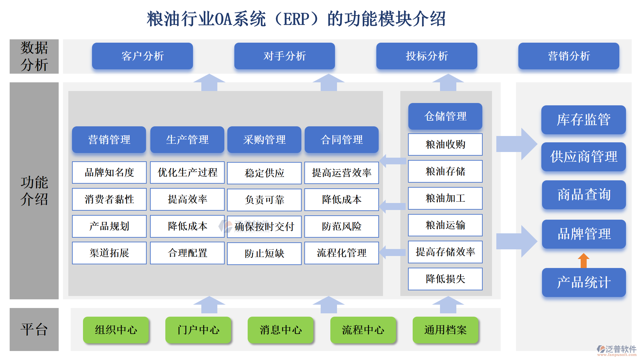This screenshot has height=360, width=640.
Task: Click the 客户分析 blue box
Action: pyautogui.click(x=142, y=56)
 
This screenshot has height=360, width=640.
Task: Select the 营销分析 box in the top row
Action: pyautogui.click(x=568, y=56)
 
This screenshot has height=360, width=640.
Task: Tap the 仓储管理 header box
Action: pyautogui.click(x=445, y=116)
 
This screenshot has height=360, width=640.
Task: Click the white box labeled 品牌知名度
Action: pyautogui.click(x=109, y=172)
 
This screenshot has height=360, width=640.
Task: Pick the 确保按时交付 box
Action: pyautogui.click(x=264, y=227)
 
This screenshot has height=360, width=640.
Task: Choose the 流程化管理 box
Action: pyautogui.click(x=341, y=253)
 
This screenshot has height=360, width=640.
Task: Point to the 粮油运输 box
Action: pyautogui.click(x=445, y=225)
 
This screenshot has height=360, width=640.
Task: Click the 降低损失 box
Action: pyautogui.click(x=445, y=279)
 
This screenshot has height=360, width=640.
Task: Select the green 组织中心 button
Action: pyautogui.click(x=116, y=330)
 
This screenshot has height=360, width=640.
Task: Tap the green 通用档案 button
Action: pyautogui.click(x=445, y=330)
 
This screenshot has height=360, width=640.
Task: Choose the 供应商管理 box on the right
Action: pyautogui.click(x=583, y=157)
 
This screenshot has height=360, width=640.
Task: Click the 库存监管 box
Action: pyautogui.click(x=583, y=120)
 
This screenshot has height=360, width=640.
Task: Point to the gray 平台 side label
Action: pyautogui.click(x=34, y=329)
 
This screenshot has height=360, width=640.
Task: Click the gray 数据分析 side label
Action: pyautogui.click(x=34, y=56)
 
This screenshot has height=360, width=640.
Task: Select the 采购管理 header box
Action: pyautogui.click(x=264, y=140)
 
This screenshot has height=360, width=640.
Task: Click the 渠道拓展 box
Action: pyautogui.click(x=109, y=253)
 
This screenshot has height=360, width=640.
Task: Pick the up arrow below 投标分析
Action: pyautogui.click(x=448, y=82)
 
